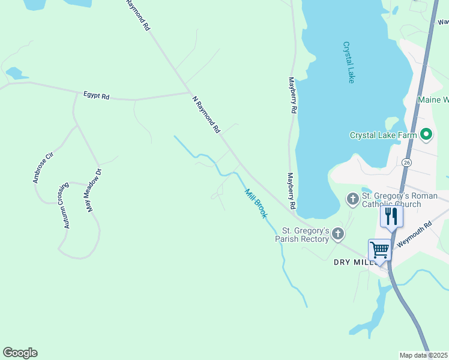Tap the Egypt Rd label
97,96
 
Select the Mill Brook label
255,203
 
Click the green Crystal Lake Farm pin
426,134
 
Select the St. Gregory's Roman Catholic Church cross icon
352,198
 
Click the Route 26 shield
407,163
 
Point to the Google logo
20,353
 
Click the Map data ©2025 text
423,355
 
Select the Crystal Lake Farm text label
383,135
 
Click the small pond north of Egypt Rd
16,73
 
